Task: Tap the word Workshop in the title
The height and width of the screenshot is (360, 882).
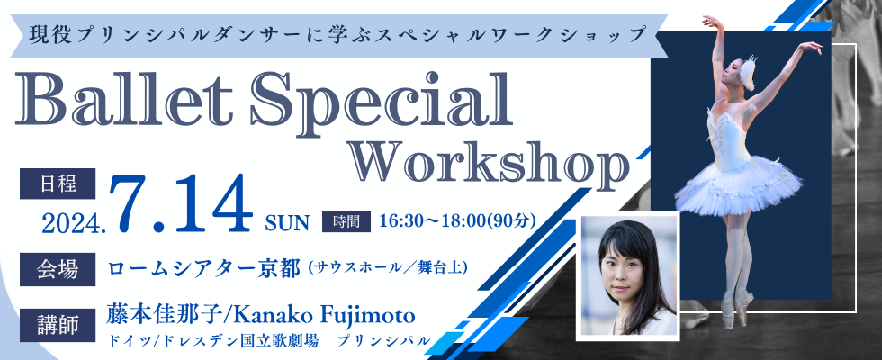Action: (x=488, y=163)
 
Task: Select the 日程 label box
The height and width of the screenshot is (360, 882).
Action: (x=58, y=184)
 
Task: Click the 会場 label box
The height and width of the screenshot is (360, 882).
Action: (x=58, y=269)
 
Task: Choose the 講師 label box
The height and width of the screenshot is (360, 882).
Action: (x=58, y=325)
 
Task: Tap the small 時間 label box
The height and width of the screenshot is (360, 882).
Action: (x=346, y=221)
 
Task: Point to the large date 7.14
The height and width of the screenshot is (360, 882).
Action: (x=181, y=203)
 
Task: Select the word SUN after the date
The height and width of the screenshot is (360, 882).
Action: (x=287, y=223)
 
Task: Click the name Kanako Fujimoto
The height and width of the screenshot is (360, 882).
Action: (x=323, y=316)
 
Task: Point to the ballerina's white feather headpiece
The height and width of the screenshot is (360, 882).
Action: (x=748, y=72)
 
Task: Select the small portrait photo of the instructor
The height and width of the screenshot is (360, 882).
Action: (x=628, y=276)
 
